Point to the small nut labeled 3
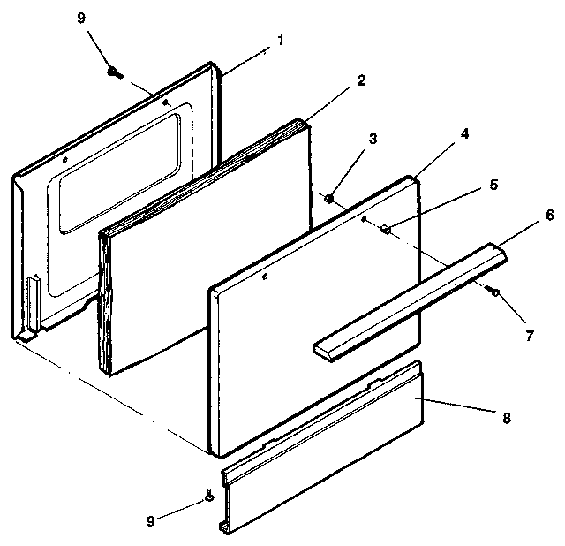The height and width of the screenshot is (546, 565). coord(328,199)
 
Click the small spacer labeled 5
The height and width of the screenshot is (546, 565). coord(385,230)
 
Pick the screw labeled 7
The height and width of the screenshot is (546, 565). coord(495,292)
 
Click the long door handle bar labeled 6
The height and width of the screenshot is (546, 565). coord(411,301)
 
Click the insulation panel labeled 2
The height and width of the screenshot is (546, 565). coord(203,247)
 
